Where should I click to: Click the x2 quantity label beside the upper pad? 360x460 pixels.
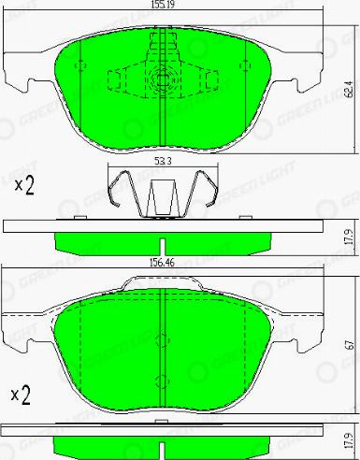click(24, 184)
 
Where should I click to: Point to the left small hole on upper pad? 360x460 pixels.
click(81, 65)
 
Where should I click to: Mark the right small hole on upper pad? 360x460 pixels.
click(245, 65)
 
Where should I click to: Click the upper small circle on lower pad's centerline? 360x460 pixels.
click(163, 339)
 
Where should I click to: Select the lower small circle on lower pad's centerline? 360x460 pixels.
click(163, 381)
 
